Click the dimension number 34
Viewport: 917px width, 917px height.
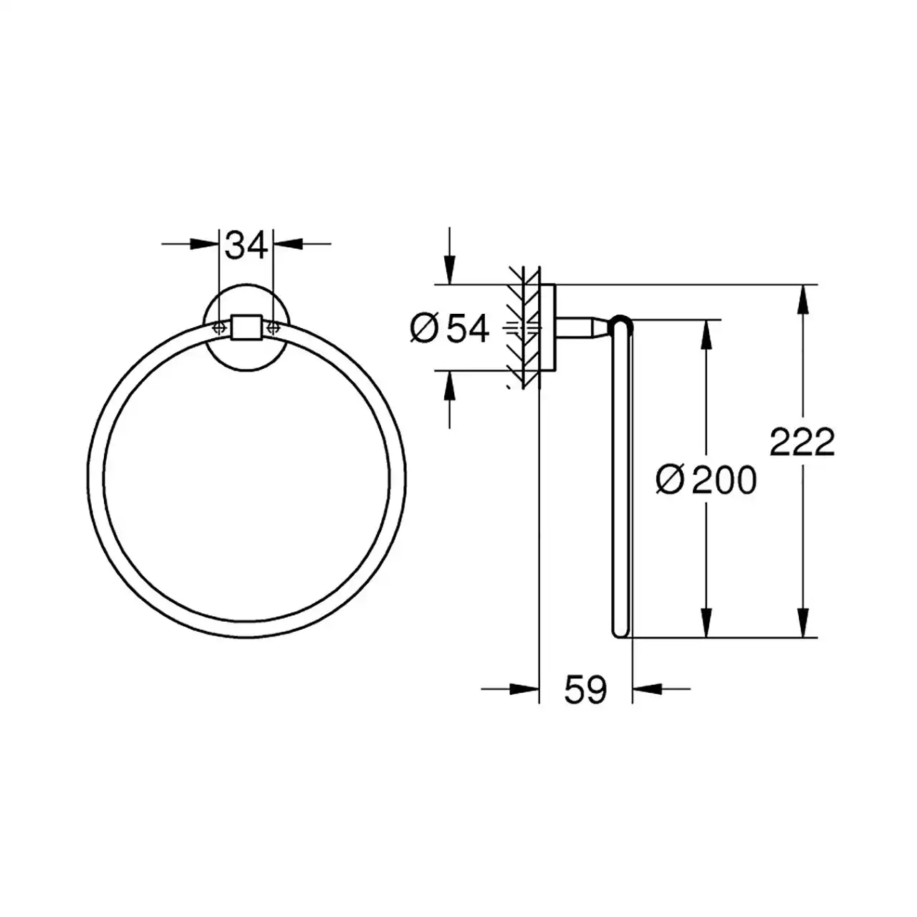tap(246, 246)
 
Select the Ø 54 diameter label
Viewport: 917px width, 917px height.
tap(449, 328)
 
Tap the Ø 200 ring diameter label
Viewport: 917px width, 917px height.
tap(706, 480)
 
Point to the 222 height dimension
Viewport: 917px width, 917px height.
tap(802, 442)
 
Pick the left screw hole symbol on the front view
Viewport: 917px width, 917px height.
tap(219, 327)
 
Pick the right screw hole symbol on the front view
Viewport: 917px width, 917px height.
tap(273, 327)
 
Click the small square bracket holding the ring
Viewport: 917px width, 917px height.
tap(246, 328)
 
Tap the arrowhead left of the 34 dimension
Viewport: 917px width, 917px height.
tap(204, 244)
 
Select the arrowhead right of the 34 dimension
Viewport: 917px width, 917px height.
tap(289, 244)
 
